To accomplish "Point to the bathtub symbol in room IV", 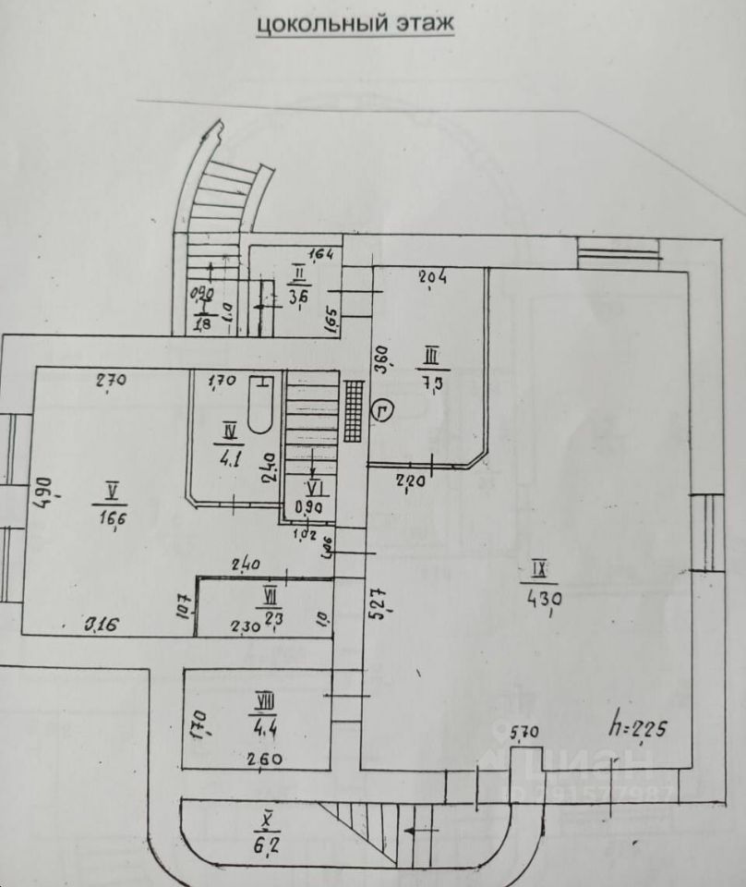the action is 261,404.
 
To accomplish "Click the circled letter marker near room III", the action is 383,410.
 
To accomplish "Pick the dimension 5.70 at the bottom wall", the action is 525,734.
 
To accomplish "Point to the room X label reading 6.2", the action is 270,831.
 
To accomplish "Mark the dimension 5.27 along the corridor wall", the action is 375,601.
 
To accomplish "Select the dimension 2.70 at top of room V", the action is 110,379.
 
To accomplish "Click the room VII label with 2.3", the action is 271,604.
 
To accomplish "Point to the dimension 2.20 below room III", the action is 409,480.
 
